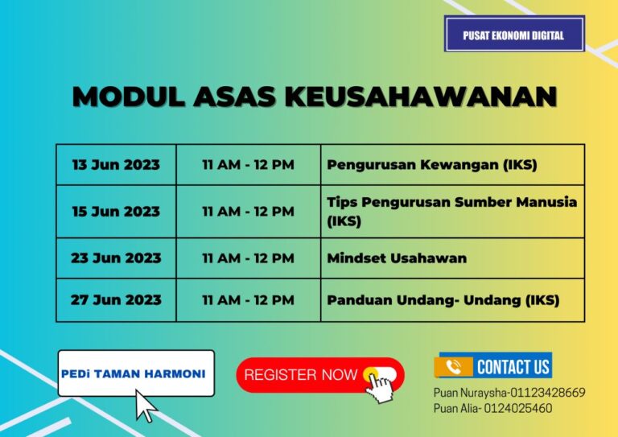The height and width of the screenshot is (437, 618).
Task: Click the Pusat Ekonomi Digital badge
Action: [x=514, y=35]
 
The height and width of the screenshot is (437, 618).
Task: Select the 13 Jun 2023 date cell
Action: [x=116, y=165]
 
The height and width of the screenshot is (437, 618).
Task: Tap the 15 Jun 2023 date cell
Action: [x=116, y=212]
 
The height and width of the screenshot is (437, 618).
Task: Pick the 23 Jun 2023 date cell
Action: [x=116, y=258]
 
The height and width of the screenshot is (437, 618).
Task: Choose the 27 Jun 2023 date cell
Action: [x=116, y=300]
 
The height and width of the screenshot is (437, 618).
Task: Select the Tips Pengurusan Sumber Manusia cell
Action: [x=451, y=211]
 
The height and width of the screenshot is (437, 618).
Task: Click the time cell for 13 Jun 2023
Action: [x=248, y=165]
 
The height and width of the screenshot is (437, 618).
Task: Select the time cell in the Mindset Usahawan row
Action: [x=248, y=258]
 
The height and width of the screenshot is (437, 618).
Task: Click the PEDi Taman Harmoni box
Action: [x=136, y=373]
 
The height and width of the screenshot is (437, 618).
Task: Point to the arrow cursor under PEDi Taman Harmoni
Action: [x=146, y=406]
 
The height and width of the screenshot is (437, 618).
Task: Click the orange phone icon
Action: [x=453, y=367]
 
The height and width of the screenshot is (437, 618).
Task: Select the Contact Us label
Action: [x=513, y=367]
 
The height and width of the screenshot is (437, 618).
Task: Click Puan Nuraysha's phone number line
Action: [x=509, y=393]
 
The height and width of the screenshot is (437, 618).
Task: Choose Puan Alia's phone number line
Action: [x=492, y=408]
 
